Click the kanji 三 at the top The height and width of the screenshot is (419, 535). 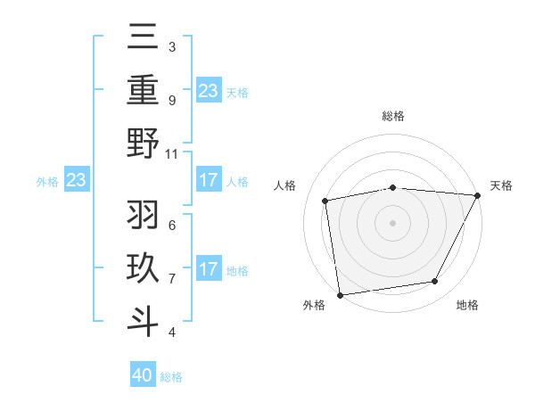(x=144, y=38)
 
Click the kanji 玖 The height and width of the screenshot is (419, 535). (x=144, y=268)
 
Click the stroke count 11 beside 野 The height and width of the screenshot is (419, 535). (x=172, y=153)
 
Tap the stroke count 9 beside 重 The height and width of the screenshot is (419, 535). (x=172, y=101)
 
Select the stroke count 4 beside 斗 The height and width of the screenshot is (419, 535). (x=172, y=333)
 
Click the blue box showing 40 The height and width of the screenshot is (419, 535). (x=143, y=375)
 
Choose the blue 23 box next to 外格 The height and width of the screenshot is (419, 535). (x=76, y=181)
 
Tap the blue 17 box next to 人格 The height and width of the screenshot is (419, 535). (x=209, y=181)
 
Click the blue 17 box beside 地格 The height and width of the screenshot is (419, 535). (x=209, y=269)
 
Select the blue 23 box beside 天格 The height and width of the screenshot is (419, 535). (x=209, y=90)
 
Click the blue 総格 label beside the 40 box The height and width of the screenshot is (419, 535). (x=171, y=377)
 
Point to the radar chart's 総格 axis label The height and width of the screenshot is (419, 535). (x=393, y=117)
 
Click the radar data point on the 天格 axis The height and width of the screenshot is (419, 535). (x=477, y=196)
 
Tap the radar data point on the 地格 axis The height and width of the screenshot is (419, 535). (x=435, y=282)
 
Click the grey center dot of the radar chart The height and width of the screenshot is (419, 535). (x=392, y=222)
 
